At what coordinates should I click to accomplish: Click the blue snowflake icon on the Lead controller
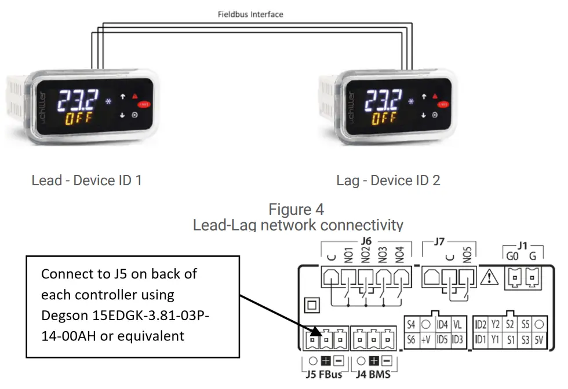point(108,103)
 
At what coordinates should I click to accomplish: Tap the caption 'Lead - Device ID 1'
point(86,180)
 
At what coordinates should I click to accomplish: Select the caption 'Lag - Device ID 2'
point(388,180)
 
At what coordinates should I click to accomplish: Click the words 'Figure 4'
point(296,208)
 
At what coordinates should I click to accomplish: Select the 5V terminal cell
point(540,340)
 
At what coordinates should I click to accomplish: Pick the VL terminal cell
point(457,325)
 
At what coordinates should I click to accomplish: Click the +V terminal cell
point(425,340)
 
